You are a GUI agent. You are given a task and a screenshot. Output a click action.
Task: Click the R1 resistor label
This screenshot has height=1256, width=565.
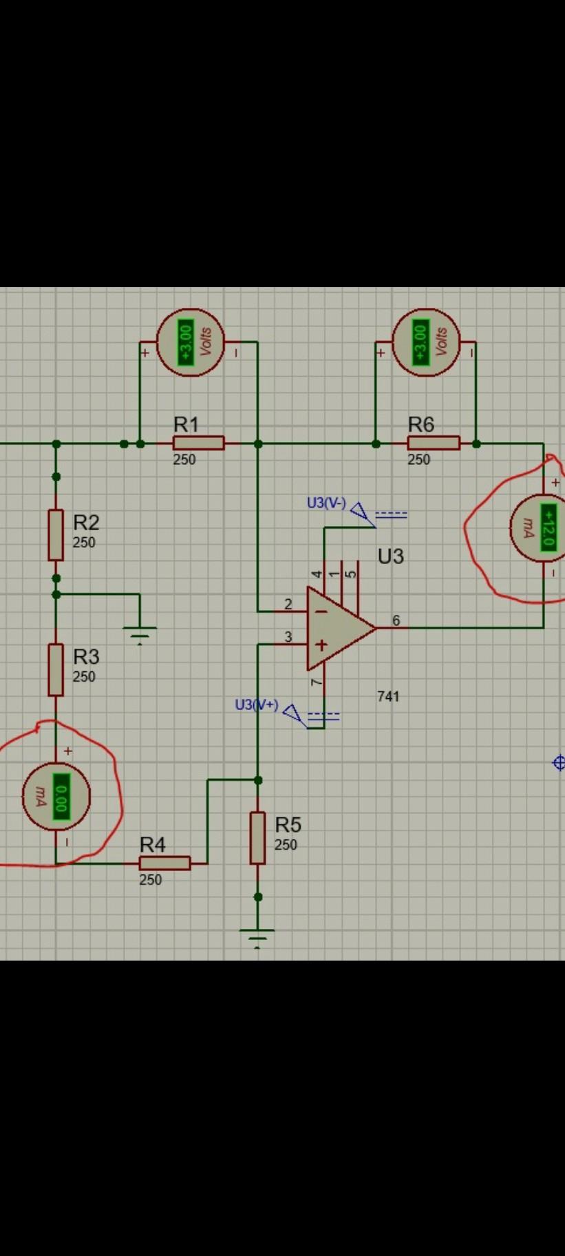pos(186,423)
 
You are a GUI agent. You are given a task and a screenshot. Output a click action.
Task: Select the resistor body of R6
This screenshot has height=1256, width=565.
pos(434,443)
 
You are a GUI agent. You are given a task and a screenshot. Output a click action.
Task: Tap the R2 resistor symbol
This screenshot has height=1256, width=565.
pos(56,534)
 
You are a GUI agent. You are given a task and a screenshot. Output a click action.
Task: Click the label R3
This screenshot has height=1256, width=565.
pos(86,656)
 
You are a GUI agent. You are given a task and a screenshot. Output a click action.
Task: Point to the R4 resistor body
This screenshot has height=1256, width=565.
pos(164,863)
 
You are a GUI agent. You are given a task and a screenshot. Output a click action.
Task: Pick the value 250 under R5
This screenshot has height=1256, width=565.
pos(286,844)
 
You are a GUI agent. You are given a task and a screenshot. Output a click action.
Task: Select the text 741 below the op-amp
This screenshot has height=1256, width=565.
pos(388,696)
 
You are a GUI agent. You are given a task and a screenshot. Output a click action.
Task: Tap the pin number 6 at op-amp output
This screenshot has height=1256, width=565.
pos(396,620)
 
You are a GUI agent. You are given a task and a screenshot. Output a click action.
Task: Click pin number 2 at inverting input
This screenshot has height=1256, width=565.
pos(288,604)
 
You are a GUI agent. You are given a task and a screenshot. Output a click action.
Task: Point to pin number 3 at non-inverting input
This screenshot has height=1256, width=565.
pos(288,637)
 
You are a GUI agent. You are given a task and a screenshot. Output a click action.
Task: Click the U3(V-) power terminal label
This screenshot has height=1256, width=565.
pos(326,503)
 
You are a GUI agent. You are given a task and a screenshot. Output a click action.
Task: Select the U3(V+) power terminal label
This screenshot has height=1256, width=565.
pos(256,704)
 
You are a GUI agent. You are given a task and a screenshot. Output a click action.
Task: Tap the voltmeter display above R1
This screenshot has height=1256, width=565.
pos(186,342)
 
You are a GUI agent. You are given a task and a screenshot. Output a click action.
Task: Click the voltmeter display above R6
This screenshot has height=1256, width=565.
pos(421,342)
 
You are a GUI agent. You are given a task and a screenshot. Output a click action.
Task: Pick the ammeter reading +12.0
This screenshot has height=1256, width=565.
pos(548,527)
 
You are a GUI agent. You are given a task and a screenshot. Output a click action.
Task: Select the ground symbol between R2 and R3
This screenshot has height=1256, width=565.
pos(140,630)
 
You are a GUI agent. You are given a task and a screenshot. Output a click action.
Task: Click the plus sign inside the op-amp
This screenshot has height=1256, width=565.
pos(321,645)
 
